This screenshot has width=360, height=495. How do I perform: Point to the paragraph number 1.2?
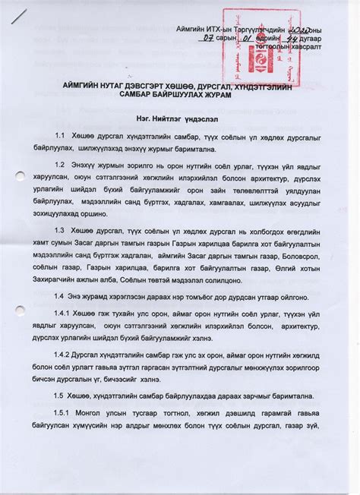tap(80, 163)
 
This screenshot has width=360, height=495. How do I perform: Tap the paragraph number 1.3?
tap(80, 229)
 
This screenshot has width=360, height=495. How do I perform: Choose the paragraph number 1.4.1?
tap(83, 314)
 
